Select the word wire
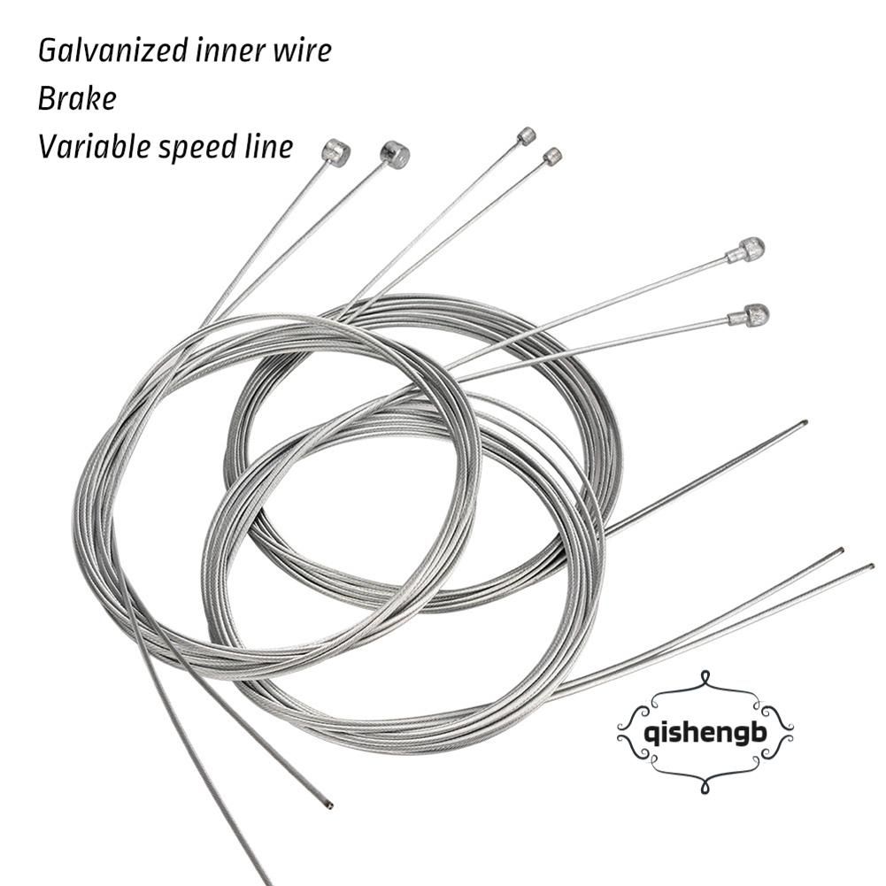tap(303, 50)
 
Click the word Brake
tap(77, 98)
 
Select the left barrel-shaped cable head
tap(336, 153)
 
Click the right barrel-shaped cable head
tap(395, 155)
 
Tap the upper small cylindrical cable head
tap(527, 135)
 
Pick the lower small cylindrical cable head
tap(552, 157)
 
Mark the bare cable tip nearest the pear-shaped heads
tap(803, 423)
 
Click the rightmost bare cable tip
tap(871, 566)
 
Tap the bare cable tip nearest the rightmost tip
tap(839, 551)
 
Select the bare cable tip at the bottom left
tap(328, 805)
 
